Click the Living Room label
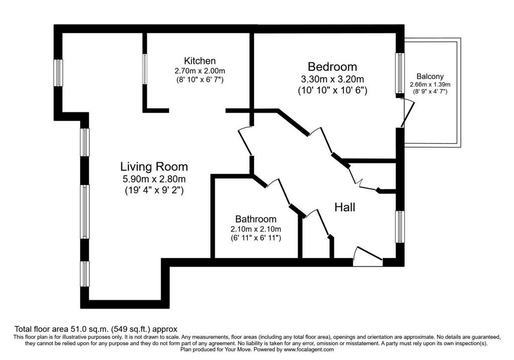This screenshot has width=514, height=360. click(x=154, y=167)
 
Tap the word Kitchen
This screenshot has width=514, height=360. click(x=200, y=61)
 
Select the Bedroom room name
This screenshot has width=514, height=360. click(x=332, y=67)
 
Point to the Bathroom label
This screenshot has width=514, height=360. click(x=255, y=219)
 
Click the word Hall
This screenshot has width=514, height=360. click(x=345, y=207)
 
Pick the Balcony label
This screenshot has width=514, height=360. click(x=430, y=76)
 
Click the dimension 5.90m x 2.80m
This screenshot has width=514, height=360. click(x=154, y=179)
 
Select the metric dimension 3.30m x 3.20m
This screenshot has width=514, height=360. click(x=332, y=79)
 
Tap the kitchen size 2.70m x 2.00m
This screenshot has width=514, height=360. click(x=200, y=71)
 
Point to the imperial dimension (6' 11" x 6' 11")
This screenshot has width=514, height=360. click(x=255, y=237)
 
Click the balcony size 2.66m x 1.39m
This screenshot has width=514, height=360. click(x=430, y=84)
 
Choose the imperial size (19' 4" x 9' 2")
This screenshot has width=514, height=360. click(x=154, y=190)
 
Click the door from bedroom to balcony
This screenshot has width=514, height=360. click(x=407, y=113)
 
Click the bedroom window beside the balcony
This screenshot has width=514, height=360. click(x=400, y=73)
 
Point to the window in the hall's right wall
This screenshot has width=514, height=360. click(x=400, y=227)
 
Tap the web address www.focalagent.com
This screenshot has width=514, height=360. click(x=309, y=349)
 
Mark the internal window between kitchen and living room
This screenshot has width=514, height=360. click(x=145, y=69)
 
